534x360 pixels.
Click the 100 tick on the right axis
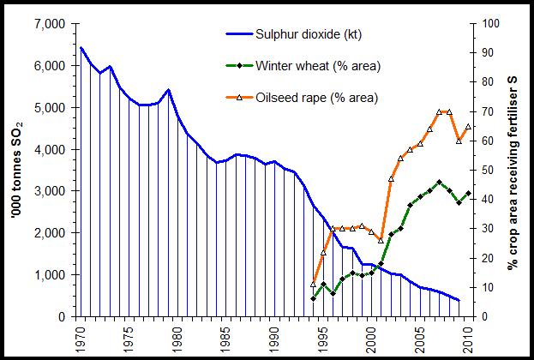click(490, 24)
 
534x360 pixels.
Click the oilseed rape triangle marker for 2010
click(468, 126)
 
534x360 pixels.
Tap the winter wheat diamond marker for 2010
click(468, 194)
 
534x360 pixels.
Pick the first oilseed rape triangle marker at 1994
click(314, 284)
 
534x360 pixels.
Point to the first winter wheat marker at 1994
click(314, 298)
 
